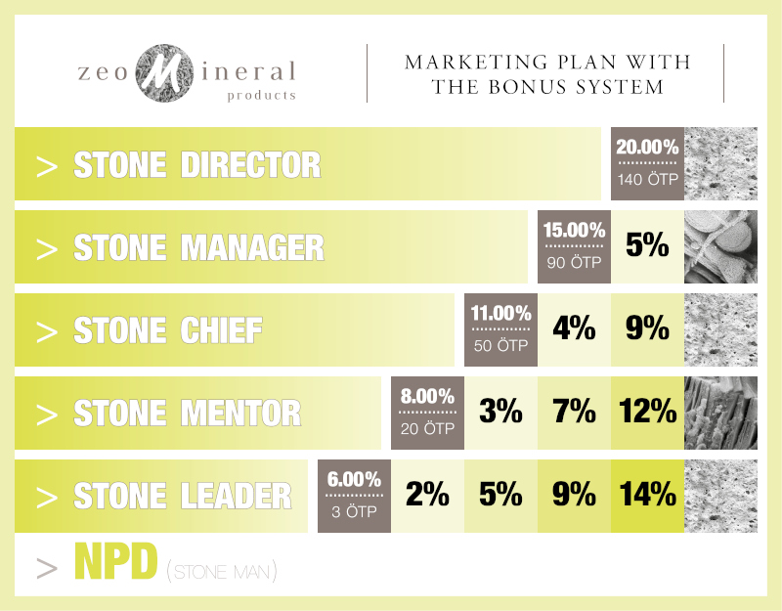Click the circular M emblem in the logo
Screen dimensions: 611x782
point(179,71)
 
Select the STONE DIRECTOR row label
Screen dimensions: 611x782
point(196,164)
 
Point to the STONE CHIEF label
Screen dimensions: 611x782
point(167,330)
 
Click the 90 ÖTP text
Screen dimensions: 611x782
point(574,262)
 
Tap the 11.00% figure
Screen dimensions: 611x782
point(500,315)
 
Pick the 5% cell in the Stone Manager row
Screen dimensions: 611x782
point(647,246)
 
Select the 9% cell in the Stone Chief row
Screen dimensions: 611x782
point(647,329)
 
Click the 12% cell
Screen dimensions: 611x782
point(647,413)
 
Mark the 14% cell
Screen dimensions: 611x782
point(647,495)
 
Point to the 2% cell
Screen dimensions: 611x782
point(427,495)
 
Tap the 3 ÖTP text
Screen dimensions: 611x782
point(354,510)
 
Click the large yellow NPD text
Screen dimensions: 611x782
point(115,562)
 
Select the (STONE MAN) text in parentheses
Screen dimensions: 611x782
point(221,570)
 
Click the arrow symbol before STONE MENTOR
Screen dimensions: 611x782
point(46,414)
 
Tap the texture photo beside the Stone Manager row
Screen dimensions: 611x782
point(721,246)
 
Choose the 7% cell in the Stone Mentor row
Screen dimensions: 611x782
point(574,413)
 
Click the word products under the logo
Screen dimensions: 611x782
point(261,96)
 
